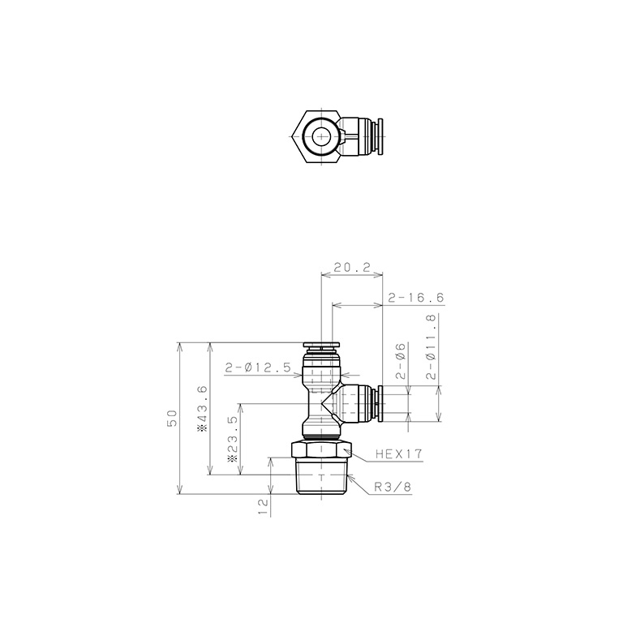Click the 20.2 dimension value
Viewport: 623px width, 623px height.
point(352,266)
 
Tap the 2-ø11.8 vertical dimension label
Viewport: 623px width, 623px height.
point(432,347)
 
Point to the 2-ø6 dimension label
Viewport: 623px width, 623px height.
point(400,362)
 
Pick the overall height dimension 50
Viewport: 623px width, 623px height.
point(171,419)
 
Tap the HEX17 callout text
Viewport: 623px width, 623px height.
point(398,455)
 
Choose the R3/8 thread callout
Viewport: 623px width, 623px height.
point(393,488)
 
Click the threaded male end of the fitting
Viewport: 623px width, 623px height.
point(321,479)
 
